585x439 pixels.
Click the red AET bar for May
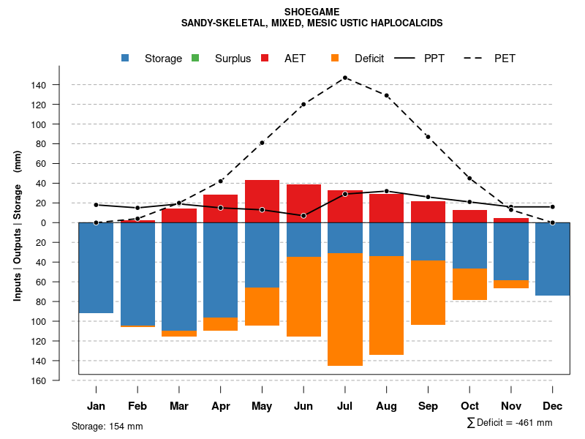pos(262,200)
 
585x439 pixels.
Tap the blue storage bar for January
pos(96,267)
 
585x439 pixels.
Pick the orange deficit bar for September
pos(428,293)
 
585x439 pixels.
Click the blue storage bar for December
pos(552,258)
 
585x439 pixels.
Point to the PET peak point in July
pos(345,78)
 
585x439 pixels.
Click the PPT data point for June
pos(303,215)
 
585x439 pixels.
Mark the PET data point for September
pos(428,137)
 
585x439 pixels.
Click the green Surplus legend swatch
pos(195,59)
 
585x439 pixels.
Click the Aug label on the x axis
pos(386,406)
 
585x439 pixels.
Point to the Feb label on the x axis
pos(137,406)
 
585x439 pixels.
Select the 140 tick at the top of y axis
pos(39,85)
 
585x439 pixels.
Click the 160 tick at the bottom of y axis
pos(39,380)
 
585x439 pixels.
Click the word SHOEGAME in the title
pos(312,12)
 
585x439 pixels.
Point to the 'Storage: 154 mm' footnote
pos(107,426)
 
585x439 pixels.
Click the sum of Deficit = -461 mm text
pos(509,423)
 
